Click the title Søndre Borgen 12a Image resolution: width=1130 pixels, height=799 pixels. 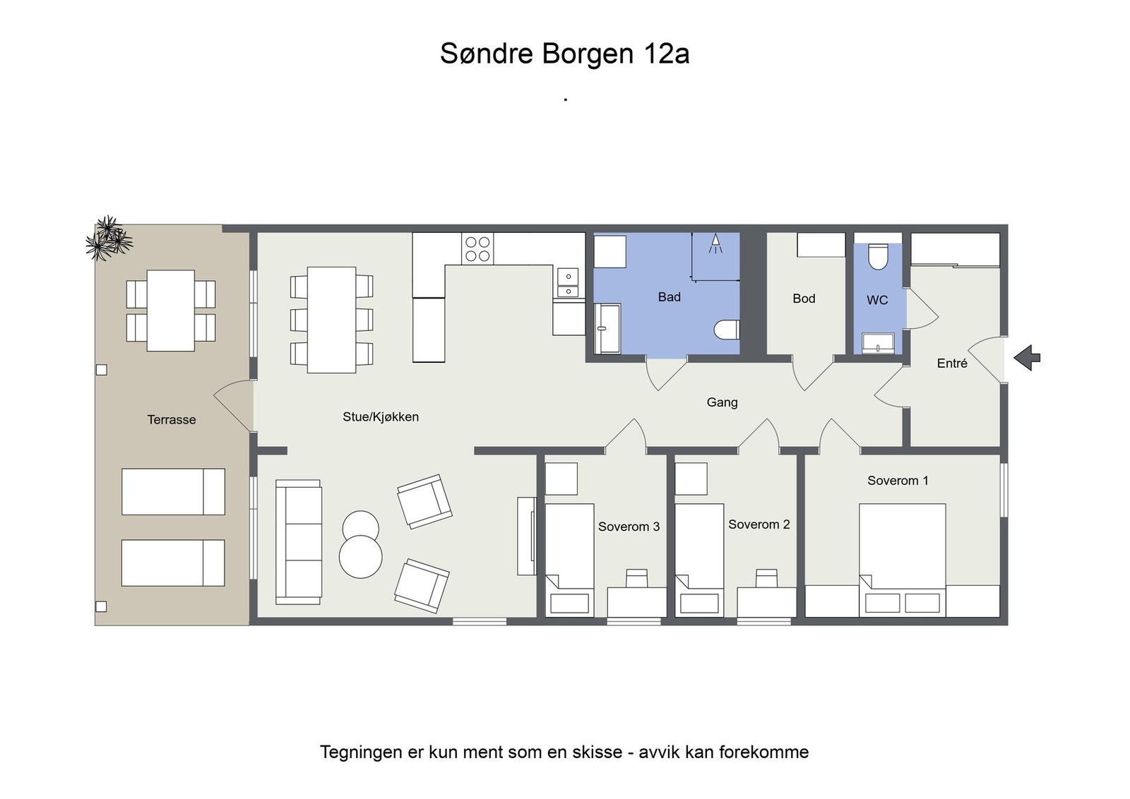click(x=564, y=54)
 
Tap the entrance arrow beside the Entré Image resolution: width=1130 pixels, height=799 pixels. click(x=1028, y=357)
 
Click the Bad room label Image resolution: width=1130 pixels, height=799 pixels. click(x=669, y=297)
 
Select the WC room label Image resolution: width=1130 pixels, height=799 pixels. click(x=877, y=300)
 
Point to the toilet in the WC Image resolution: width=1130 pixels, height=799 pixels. click(x=878, y=256)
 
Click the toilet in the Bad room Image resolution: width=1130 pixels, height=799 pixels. click(x=727, y=329)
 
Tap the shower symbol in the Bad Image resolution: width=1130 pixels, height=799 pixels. click(x=715, y=244)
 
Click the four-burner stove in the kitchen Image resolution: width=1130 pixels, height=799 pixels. click(x=477, y=248)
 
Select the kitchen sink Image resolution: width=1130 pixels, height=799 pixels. click(x=568, y=282)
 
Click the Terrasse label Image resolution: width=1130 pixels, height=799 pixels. click(x=172, y=420)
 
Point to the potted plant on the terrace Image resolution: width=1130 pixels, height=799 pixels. click(x=108, y=239)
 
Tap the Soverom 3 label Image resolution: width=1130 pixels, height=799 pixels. click(x=629, y=527)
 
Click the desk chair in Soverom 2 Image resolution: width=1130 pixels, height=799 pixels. click(x=766, y=578)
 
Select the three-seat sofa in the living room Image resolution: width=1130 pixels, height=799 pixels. click(x=298, y=542)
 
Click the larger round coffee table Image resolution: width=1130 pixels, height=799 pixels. click(x=360, y=557)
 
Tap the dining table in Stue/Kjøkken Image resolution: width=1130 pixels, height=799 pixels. click(x=331, y=320)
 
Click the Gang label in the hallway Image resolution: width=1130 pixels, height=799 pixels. click(x=722, y=402)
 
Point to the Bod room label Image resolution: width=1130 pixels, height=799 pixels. click(x=804, y=299)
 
